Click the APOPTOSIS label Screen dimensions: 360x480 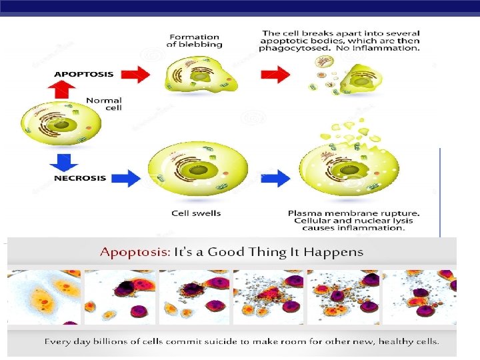pyautogui.click(x=84, y=74)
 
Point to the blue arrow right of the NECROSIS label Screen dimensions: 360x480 pyautogui.click(x=127, y=178)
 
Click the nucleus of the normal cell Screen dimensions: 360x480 pyautogui.click(x=61, y=125)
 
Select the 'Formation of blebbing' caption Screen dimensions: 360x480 pyautogui.click(x=194, y=41)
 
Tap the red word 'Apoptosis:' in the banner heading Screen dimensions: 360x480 pyautogui.click(x=135, y=252)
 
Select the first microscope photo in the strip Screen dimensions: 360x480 pyautogui.click(x=44, y=297)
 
